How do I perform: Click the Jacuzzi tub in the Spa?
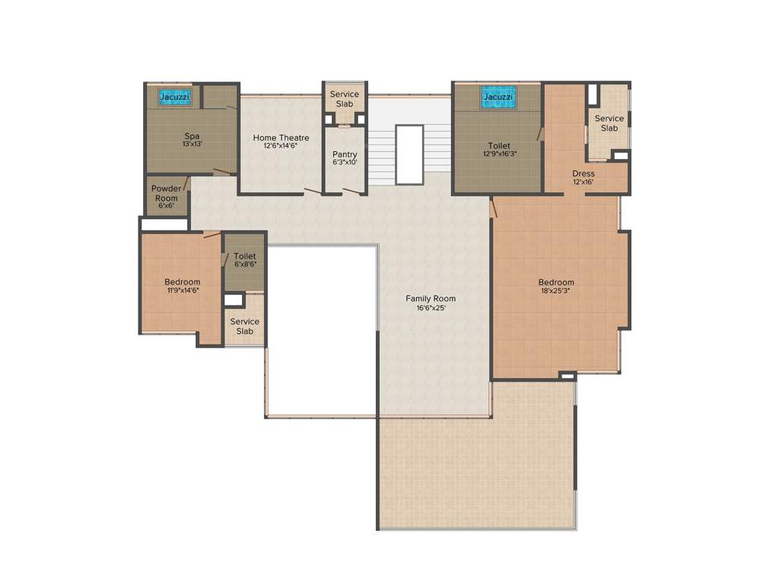point(174,97)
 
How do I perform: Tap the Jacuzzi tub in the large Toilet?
point(498,97)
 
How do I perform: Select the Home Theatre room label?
point(281,138)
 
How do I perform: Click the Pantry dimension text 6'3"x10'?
point(345,162)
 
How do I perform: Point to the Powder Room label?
point(166,193)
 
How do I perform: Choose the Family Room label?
point(431,298)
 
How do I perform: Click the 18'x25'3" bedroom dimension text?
point(556,291)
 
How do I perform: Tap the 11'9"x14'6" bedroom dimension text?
point(183,290)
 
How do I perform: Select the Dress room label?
point(583,173)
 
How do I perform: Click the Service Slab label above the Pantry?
point(345,99)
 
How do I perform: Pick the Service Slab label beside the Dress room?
point(609,123)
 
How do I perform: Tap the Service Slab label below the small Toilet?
point(244,326)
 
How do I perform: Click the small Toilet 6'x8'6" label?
point(244,260)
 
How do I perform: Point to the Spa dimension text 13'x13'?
point(192,144)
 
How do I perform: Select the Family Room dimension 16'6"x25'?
point(431,308)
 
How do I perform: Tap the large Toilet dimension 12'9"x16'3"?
point(499,154)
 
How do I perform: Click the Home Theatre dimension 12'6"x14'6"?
point(281,146)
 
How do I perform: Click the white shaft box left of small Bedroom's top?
point(164,225)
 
